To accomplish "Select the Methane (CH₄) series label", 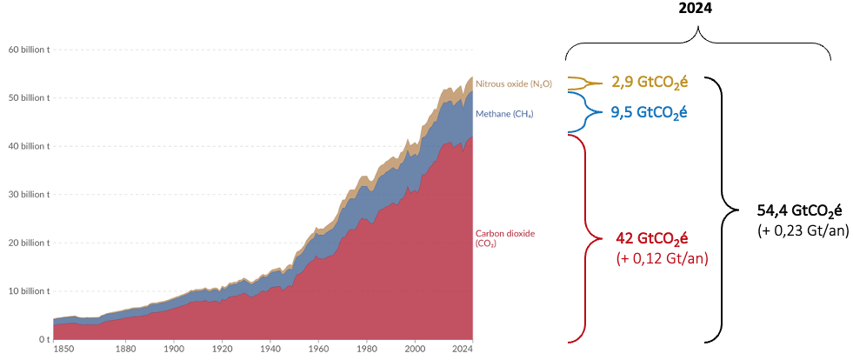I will click(504, 114).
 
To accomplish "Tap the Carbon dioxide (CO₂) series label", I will click(504, 238).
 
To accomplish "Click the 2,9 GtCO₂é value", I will click(649, 83).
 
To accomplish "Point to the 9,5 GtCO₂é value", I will click(649, 112).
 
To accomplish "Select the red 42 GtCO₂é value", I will click(650, 239).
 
